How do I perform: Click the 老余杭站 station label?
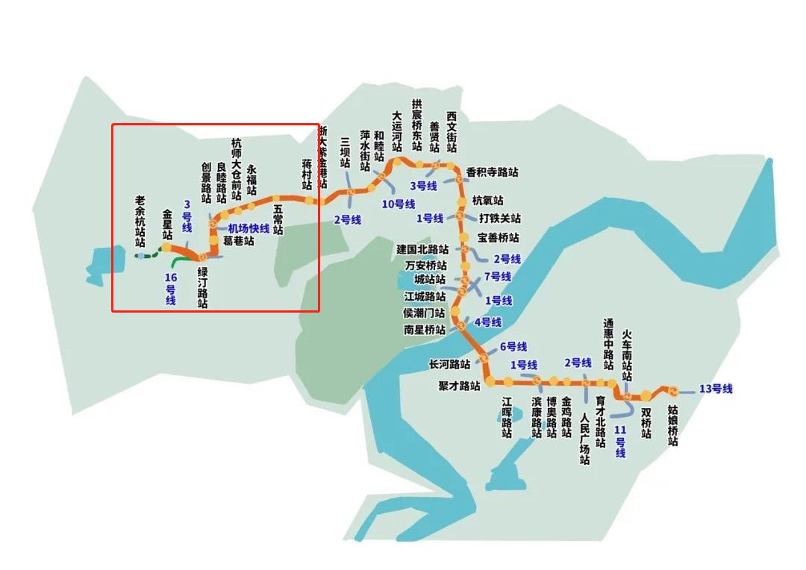[x=140, y=221]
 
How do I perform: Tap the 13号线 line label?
[x=716, y=389]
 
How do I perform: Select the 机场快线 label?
[x=249, y=228]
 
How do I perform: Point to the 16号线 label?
[x=171, y=289]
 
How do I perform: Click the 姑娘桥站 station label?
[x=672, y=425]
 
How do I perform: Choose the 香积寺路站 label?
[x=492, y=172]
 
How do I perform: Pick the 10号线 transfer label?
[x=398, y=204]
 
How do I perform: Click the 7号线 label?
[x=497, y=277]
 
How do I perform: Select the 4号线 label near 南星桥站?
[x=487, y=322]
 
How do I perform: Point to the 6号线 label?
[x=513, y=347]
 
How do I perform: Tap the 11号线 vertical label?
[x=620, y=441]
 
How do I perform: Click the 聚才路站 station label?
[x=459, y=386]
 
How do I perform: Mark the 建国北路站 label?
[x=422, y=249]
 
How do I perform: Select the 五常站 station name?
[x=278, y=220]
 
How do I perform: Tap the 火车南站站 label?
[x=627, y=357]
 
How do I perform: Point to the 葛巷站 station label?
[x=238, y=242]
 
